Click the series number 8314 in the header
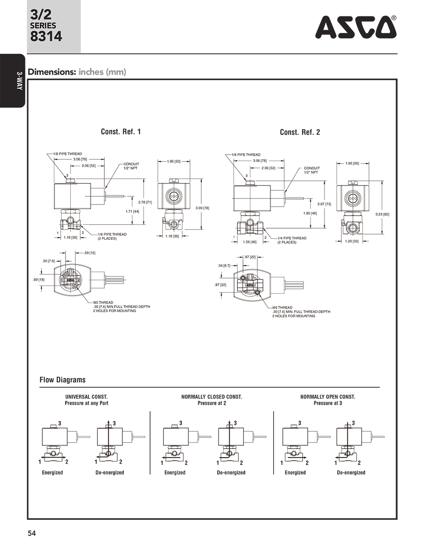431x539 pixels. (x=46, y=36)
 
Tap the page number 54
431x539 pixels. (x=32, y=533)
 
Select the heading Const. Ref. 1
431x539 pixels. (x=121, y=132)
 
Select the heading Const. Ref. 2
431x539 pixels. (x=300, y=132)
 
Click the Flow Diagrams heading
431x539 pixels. (x=62, y=380)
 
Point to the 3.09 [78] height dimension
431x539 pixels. (x=202, y=208)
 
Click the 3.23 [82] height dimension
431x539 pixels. (x=382, y=214)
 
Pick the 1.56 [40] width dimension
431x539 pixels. (x=250, y=242)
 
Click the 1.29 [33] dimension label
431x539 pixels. (x=352, y=241)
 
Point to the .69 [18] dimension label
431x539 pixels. (x=38, y=280)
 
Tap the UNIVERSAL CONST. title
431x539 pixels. (x=86, y=397)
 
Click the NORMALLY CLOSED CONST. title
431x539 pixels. (x=212, y=397)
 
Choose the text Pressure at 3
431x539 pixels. (x=328, y=403)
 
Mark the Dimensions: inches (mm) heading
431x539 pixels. (x=77, y=72)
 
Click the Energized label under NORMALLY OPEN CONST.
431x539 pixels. (x=295, y=473)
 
